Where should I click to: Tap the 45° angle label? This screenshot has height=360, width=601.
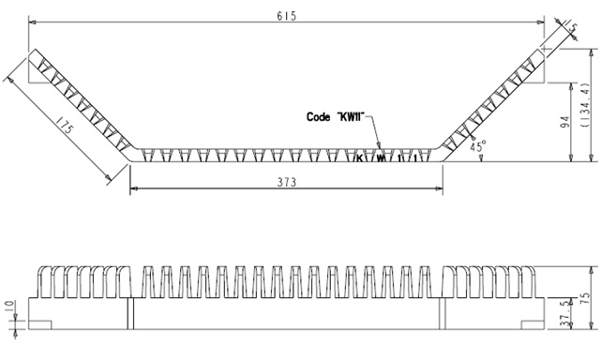point(478,147)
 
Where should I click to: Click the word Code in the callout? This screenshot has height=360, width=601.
point(320,117)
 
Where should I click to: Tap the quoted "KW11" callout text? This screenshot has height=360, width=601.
point(353,117)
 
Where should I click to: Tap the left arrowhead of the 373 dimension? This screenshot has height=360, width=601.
point(132,189)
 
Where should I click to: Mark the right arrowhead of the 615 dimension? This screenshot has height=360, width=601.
point(544,19)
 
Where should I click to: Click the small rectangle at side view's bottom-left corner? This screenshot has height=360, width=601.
point(39,323)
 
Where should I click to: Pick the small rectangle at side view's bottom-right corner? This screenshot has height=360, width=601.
point(532,323)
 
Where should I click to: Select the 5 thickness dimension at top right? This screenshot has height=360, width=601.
point(573,29)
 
